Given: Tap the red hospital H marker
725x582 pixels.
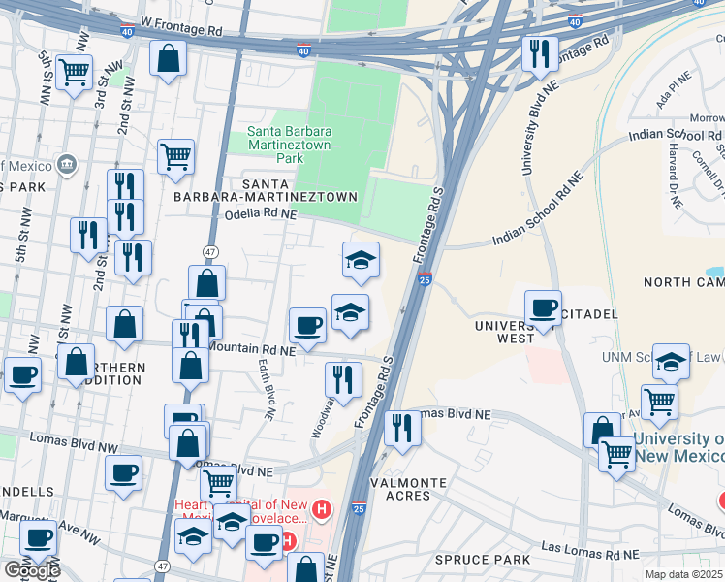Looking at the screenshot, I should (322, 508).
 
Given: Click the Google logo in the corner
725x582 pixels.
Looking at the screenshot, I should (31, 570).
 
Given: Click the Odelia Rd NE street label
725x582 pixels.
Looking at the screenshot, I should (260, 217).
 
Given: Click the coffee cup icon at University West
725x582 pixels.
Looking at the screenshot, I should (543, 307).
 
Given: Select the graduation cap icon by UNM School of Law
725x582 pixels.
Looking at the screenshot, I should (670, 361).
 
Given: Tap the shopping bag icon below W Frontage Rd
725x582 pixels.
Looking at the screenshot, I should (169, 58).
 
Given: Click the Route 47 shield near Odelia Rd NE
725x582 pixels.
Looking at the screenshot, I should (210, 251).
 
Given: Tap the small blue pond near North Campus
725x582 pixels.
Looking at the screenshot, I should (715, 272).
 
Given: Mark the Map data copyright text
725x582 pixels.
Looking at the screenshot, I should (684, 574).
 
